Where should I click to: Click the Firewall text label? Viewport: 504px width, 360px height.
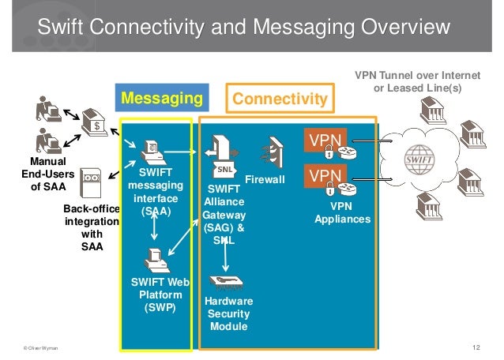(x=265, y=180)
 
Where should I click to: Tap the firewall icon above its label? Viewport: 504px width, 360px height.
(x=274, y=151)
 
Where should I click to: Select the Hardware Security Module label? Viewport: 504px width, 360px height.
(x=228, y=314)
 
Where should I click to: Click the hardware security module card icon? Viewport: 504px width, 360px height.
(x=228, y=282)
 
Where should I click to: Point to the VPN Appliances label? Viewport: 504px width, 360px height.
(x=342, y=212)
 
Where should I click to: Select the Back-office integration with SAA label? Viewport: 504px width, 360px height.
(x=92, y=227)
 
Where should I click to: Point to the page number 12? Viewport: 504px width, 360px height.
(x=476, y=347)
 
